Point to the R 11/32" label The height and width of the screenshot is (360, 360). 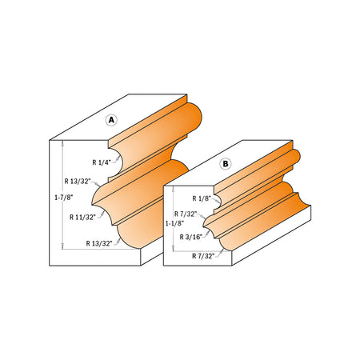[x=84, y=217]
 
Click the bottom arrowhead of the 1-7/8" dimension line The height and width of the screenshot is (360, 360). [x=62, y=248]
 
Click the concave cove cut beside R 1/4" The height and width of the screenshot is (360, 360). [x=121, y=164]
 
